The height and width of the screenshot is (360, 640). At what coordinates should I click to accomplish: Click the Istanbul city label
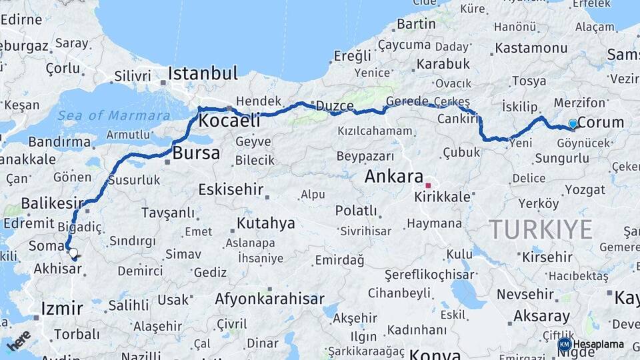(x=203, y=73)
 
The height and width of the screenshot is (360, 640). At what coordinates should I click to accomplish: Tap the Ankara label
(x=394, y=177)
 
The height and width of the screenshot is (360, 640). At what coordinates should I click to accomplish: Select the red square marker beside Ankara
(x=428, y=185)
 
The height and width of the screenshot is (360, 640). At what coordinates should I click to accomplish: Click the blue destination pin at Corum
(x=572, y=124)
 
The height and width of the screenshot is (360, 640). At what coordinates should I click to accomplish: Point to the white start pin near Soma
(x=73, y=253)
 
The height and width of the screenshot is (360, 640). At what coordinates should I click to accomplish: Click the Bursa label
(x=196, y=153)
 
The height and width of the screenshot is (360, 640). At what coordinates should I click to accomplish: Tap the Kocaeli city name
(x=229, y=121)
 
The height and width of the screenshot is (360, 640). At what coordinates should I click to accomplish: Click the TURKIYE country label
(x=541, y=229)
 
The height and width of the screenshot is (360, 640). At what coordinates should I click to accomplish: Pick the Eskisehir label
(x=231, y=189)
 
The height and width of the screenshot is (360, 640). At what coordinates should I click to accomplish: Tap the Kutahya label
(x=265, y=223)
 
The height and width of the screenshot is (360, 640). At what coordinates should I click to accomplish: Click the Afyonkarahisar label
(x=269, y=299)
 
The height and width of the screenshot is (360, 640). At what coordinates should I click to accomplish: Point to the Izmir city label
(x=62, y=309)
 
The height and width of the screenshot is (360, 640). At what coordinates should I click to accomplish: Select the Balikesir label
(x=53, y=203)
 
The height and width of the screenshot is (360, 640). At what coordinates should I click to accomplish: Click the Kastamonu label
(x=531, y=48)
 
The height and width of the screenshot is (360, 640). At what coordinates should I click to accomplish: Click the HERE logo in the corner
(x=19, y=340)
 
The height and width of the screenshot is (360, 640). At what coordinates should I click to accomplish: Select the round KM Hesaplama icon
(x=564, y=344)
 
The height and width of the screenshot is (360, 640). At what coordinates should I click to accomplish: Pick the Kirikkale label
(x=442, y=197)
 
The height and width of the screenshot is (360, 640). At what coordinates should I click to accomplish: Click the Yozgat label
(x=585, y=189)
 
